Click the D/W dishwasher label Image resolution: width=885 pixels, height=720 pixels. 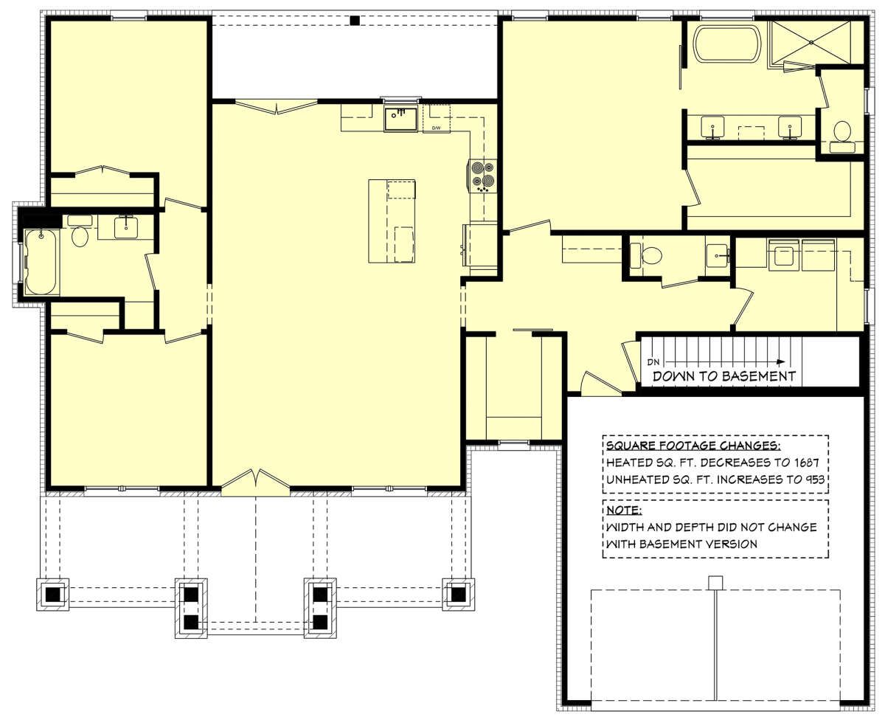pyautogui.click(x=436, y=128)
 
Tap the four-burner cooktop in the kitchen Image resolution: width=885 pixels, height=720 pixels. pyautogui.click(x=483, y=176)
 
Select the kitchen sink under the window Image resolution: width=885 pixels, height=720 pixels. pyautogui.click(x=400, y=120)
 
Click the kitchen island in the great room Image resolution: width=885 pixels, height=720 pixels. pyautogui.click(x=392, y=221)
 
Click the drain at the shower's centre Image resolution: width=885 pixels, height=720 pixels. pyautogui.click(x=811, y=42)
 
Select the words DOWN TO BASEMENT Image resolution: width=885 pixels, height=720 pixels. pyautogui.click(x=723, y=376)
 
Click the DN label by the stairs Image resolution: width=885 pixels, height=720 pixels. pyautogui.click(x=653, y=362)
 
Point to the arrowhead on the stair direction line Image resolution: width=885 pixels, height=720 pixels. pyautogui.click(x=781, y=362)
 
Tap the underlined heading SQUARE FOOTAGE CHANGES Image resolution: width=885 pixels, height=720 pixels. pyautogui.click(x=693, y=446)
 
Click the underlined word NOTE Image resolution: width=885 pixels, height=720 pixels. pyautogui.click(x=624, y=510)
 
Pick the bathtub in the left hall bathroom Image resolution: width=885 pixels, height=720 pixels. pyautogui.click(x=41, y=262)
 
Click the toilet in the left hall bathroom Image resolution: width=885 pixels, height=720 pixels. pyautogui.click(x=80, y=232)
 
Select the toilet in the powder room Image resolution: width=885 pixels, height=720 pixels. pyautogui.click(x=645, y=255)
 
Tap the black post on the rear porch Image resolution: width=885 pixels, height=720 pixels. pyautogui.click(x=355, y=21)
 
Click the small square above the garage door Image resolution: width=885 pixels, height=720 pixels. pyautogui.click(x=715, y=583)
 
